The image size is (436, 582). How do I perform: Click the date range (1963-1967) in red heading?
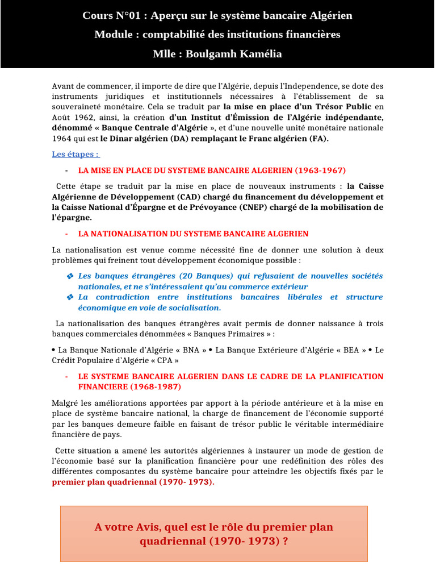coord(320,170)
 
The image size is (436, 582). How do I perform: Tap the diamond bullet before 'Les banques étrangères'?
coord(70,276)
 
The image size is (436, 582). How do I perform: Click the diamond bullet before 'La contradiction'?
coord(70,297)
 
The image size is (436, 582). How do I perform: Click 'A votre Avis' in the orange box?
coord(124,527)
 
